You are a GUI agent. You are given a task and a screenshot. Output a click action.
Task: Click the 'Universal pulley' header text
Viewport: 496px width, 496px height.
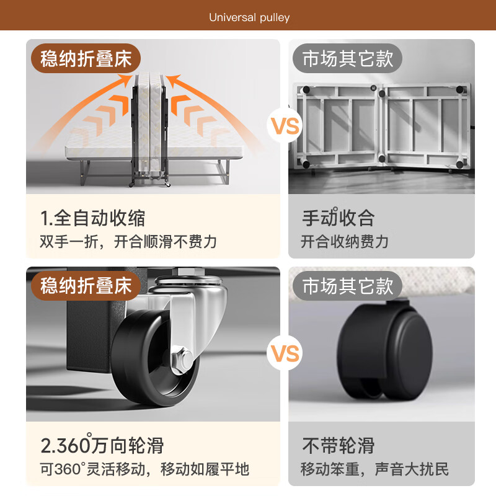(249, 17)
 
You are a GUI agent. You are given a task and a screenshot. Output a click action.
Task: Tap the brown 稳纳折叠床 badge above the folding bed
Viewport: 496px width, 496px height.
(86, 58)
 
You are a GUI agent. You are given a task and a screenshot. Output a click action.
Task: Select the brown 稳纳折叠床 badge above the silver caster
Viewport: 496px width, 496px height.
(86, 286)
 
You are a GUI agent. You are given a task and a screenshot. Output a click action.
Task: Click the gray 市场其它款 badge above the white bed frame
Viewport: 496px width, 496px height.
(347, 58)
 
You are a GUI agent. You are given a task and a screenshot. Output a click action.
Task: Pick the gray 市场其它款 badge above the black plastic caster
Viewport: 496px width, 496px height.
(347, 286)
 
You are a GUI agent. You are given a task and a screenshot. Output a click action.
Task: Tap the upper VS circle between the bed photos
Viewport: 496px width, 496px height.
(285, 126)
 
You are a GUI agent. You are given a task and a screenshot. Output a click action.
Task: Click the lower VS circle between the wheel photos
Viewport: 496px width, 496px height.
(285, 353)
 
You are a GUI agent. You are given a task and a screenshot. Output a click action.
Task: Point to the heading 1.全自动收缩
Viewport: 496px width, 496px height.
(92, 218)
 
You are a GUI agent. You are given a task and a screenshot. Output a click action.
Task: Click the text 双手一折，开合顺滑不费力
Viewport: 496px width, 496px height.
(128, 242)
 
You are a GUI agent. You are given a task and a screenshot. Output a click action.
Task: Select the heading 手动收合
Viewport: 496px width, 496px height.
(338, 218)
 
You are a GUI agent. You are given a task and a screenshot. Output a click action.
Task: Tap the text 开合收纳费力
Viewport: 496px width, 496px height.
(345, 242)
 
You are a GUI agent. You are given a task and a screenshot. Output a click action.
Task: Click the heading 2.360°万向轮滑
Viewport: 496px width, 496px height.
(102, 445)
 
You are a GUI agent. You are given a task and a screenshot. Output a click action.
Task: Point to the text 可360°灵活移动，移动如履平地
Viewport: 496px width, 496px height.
(144, 469)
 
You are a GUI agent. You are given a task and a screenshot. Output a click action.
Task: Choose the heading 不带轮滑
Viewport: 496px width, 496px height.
(338, 445)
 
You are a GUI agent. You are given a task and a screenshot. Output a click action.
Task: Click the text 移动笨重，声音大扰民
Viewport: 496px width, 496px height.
(374, 469)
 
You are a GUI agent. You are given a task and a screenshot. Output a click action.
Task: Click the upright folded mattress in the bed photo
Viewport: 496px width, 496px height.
(149, 126)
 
